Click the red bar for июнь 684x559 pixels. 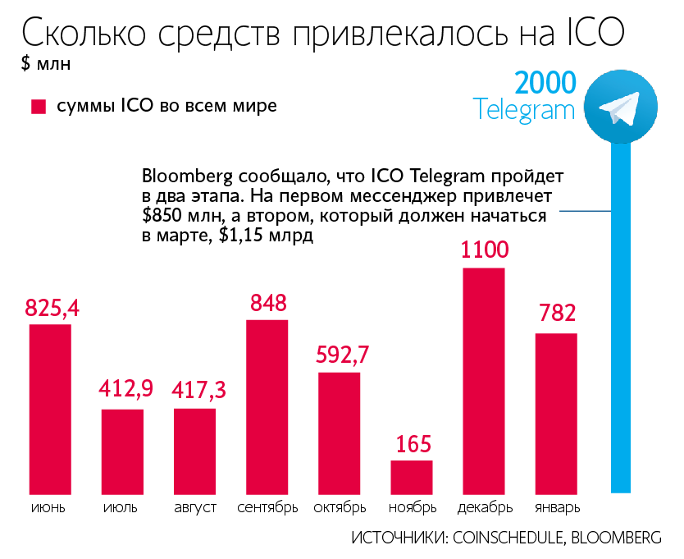pos(50,409)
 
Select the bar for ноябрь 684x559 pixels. pos(411,477)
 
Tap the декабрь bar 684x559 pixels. pos(484,380)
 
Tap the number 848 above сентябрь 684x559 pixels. pos(267,304)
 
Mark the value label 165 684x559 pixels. pos(412,444)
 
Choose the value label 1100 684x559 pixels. pos(485,250)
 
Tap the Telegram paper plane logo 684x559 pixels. pos(620,107)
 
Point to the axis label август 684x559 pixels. pos(195,507)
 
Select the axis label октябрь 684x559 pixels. pos(340,507)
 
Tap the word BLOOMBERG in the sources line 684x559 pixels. pos(615,538)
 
